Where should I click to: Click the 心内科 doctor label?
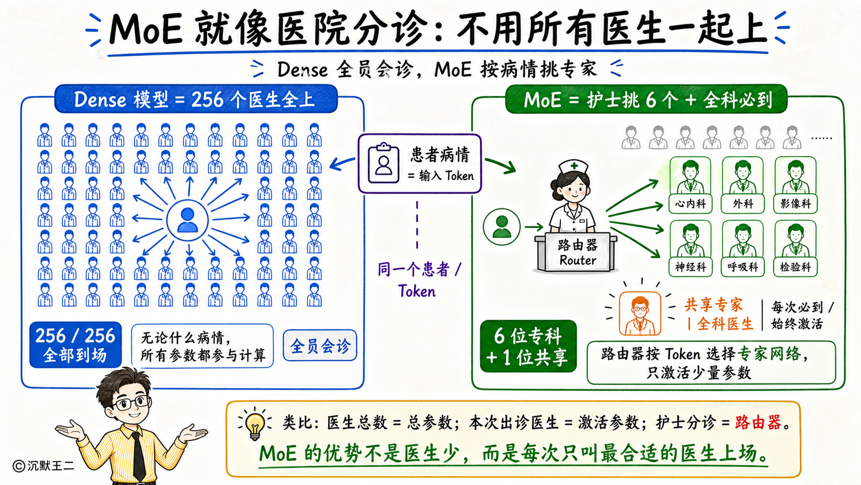click(x=691, y=204)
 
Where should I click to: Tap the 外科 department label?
click(x=743, y=204)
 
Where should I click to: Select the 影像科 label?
click(x=795, y=204)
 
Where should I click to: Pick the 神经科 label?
click(x=691, y=267)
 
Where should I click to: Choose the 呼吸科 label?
click(x=743, y=267)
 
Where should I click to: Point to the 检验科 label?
click(x=795, y=267)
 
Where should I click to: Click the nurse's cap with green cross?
click(x=574, y=167)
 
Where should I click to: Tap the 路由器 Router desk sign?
click(x=577, y=253)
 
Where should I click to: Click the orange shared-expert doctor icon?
click(x=640, y=313)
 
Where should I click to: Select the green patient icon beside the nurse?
click(x=502, y=227)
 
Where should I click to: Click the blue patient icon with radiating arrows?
click(x=187, y=220)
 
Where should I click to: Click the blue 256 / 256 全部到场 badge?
click(x=75, y=345)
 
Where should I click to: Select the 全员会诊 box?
click(x=320, y=346)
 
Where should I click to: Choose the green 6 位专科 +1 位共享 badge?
click(x=528, y=346)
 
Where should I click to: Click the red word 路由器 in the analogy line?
click(x=758, y=423)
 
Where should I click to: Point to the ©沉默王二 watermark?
click(x=43, y=466)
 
